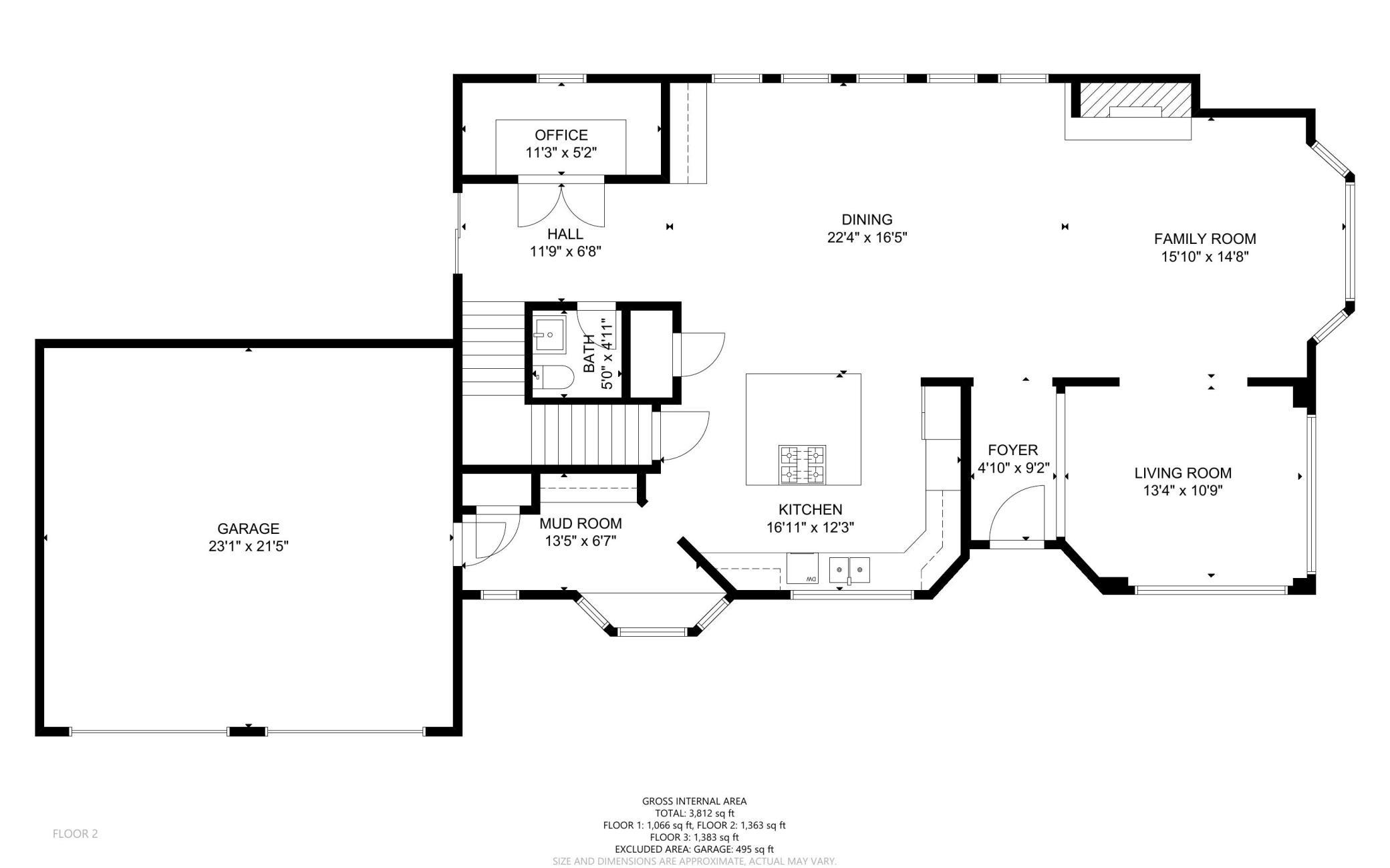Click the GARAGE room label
point(248,529)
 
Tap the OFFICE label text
point(561,136)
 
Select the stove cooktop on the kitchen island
point(802,464)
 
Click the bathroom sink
point(550,334)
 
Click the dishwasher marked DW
point(803,568)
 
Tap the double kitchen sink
point(850,569)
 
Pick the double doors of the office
point(561,204)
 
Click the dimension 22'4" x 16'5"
point(867,237)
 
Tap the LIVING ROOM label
point(1183,473)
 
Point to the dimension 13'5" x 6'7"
point(580,541)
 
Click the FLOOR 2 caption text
point(76,833)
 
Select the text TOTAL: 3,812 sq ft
point(694,813)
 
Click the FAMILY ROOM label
point(1205,239)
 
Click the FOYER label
point(1013,450)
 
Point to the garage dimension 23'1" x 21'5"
point(248,546)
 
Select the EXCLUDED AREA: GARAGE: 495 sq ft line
point(694,849)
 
